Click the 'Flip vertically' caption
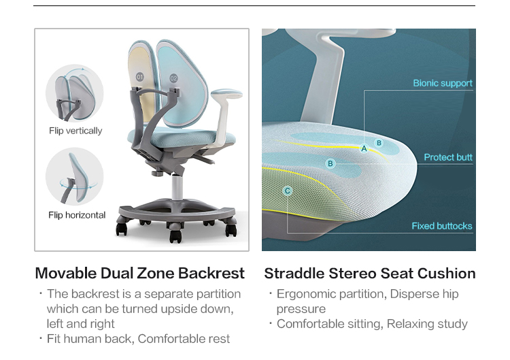coord(75,131)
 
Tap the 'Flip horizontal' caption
coord(77,215)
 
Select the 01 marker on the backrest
coord(140,77)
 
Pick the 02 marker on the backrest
coord(173,78)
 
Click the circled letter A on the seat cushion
coord(364,149)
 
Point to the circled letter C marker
coord(287,191)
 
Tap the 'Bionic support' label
coord(443,83)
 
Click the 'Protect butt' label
coord(448,157)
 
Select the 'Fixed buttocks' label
coord(442,226)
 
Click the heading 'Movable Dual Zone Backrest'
coord(140,273)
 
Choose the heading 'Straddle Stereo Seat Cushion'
coord(370,274)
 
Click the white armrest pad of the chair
coord(226,93)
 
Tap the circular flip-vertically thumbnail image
coord(75,93)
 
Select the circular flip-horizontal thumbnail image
coord(75,177)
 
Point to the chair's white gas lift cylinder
coord(177,187)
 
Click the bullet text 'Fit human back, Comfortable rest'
coord(138,339)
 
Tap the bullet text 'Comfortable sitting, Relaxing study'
coord(372,324)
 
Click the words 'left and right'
coord(81,324)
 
